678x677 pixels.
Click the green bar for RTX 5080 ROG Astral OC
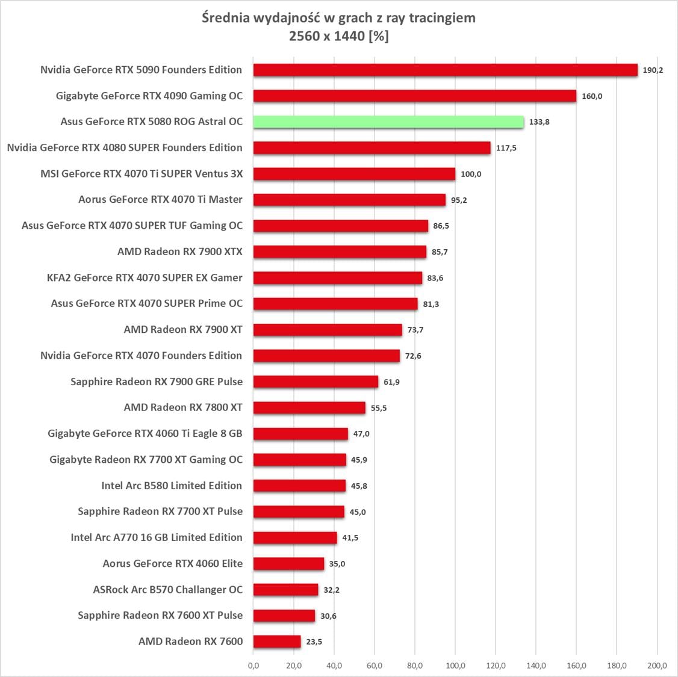point(388,122)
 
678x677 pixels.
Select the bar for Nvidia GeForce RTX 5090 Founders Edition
point(445,70)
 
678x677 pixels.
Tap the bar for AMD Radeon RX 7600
point(277,641)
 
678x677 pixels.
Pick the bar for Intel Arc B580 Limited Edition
point(299,486)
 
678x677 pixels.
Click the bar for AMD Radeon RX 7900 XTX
point(340,252)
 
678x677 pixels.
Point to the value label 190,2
point(653,70)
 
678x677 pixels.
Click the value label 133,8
point(540,122)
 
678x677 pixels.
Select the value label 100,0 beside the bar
point(471,174)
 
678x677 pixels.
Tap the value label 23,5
point(314,641)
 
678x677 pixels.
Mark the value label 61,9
point(392,382)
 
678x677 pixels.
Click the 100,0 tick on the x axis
point(455,665)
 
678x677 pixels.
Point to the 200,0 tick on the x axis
point(657,665)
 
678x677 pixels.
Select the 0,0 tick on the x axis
point(253,665)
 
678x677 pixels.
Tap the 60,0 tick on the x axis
point(375,665)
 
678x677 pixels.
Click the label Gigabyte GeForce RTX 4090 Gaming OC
point(149,96)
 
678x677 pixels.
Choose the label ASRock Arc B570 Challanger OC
point(168,589)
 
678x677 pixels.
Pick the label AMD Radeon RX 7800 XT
point(183,407)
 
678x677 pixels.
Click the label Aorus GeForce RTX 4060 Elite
point(173,563)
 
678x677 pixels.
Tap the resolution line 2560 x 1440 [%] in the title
point(338,36)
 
